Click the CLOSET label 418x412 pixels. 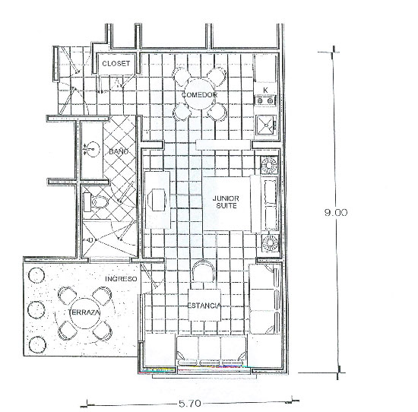click(116, 63)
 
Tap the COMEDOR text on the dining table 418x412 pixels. click(199, 95)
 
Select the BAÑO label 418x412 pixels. click(119, 151)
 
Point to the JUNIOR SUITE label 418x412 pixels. click(226, 202)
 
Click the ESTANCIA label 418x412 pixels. click(204, 306)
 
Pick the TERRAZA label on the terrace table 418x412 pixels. click(84, 312)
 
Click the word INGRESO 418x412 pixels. click(121, 279)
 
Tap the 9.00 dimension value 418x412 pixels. click(336, 212)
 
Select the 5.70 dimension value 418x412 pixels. click(190, 404)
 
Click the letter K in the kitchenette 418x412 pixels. click(265, 90)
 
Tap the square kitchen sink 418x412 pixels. click(266, 125)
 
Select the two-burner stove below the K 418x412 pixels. click(265, 101)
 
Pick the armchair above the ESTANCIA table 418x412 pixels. click(204, 271)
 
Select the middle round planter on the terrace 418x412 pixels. click(36, 310)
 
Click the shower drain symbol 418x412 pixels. click(90, 240)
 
